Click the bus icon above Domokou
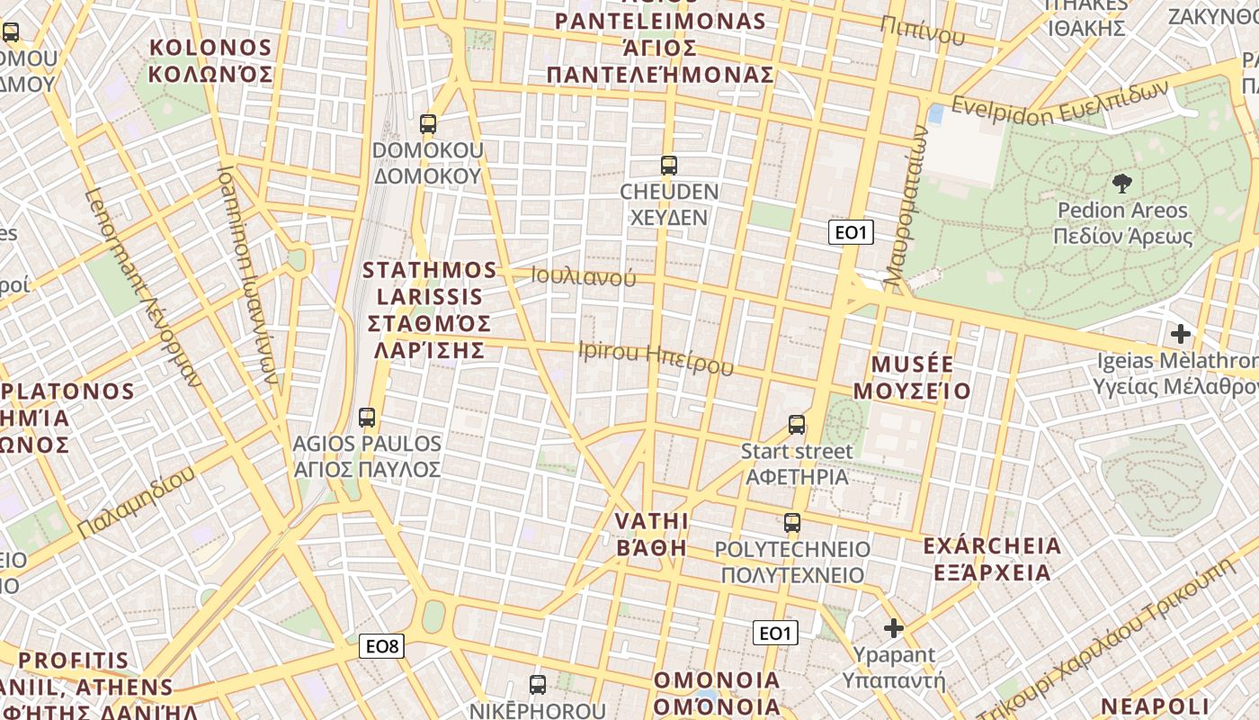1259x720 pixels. tap(428, 124)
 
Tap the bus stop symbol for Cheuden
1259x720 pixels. tap(668, 166)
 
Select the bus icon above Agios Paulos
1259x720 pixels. tap(367, 418)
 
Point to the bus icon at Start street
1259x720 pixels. tap(797, 424)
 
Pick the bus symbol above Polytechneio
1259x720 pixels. tap(792, 523)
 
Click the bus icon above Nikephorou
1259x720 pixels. tap(538, 685)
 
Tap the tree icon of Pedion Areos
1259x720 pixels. tap(1122, 184)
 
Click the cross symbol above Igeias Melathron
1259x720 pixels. tap(1181, 335)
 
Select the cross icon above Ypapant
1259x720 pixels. tap(893, 628)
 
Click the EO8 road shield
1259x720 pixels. tap(381, 645)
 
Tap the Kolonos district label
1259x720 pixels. tap(210, 60)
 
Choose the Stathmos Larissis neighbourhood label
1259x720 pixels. tap(429, 310)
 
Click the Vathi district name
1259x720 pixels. tap(651, 535)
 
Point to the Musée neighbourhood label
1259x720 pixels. tap(912, 377)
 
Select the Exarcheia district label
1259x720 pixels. tap(992, 559)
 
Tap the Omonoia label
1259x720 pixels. tap(717, 692)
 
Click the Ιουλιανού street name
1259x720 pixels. tap(583, 276)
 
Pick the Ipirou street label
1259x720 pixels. tap(656, 357)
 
